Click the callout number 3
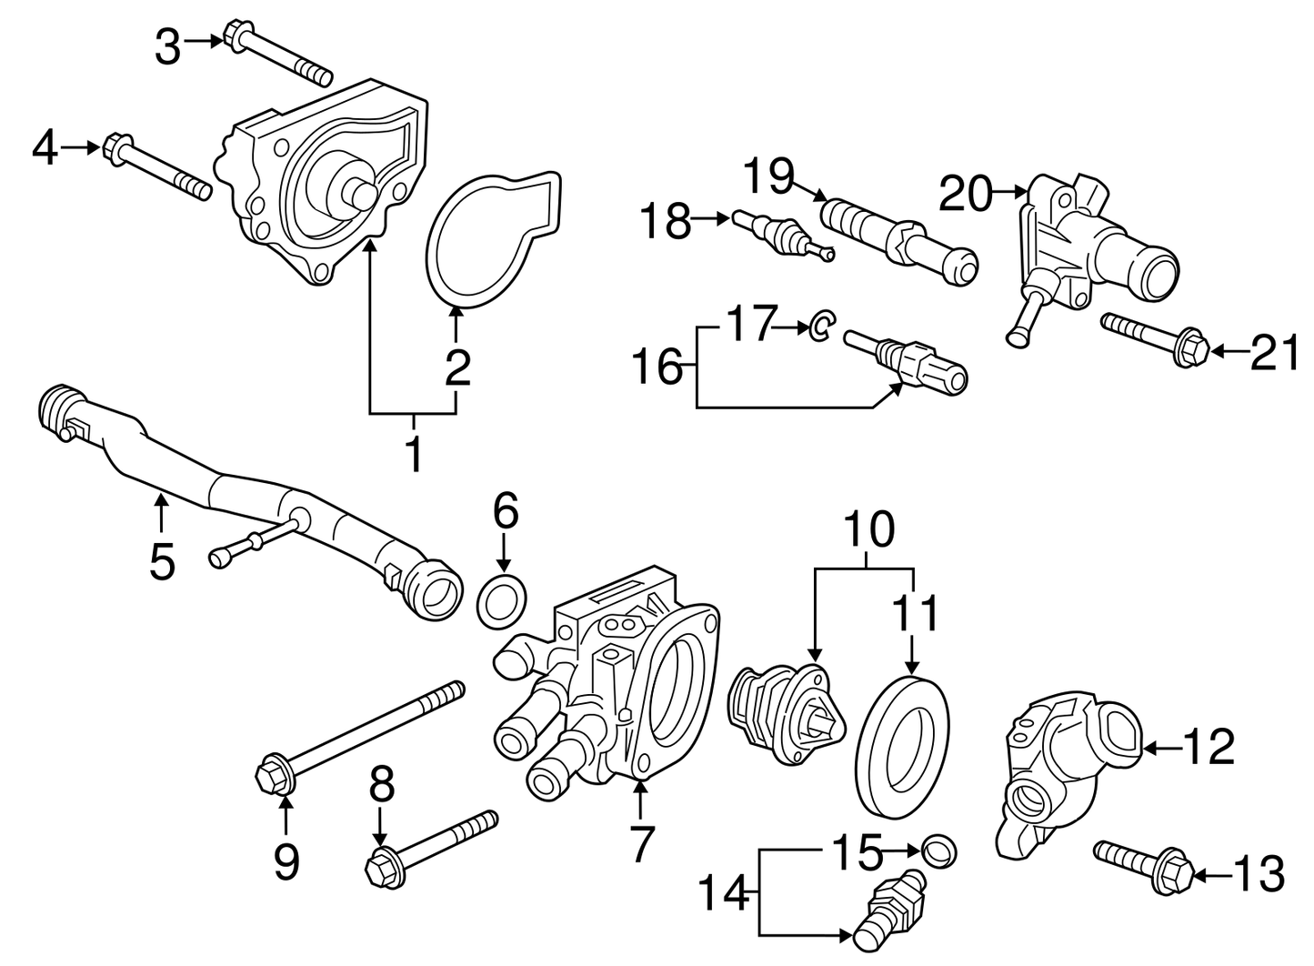click(x=167, y=47)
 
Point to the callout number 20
click(x=966, y=194)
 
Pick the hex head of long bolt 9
click(x=274, y=776)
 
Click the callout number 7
click(x=642, y=843)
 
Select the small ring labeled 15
click(x=940, y=851)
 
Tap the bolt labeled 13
click(x=1145, y=866)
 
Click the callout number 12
click(x=1209, y=747)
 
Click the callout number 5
click(x=162, y=561)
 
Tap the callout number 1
click(x=414, y=454)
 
